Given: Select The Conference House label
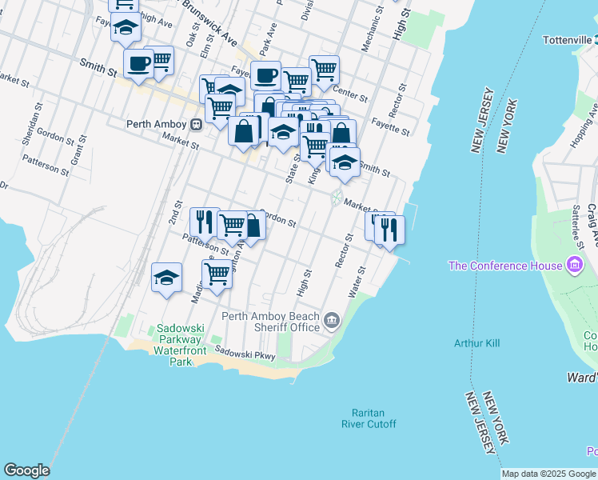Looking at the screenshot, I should coord(505,266).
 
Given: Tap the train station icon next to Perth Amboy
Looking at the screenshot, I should coord(196,124).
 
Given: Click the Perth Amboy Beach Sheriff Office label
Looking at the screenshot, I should coord(273,322).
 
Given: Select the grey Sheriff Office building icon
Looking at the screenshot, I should coord(332,322).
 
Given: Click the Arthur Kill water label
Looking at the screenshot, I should coord(476,343).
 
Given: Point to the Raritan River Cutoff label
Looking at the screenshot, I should coord(368,418).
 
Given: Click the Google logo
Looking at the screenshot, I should coord(26,470).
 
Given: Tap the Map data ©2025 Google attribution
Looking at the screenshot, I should coord(549,474).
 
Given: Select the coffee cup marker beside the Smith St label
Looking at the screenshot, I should coord(138,64).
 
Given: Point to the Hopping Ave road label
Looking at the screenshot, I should coord(580,137).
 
